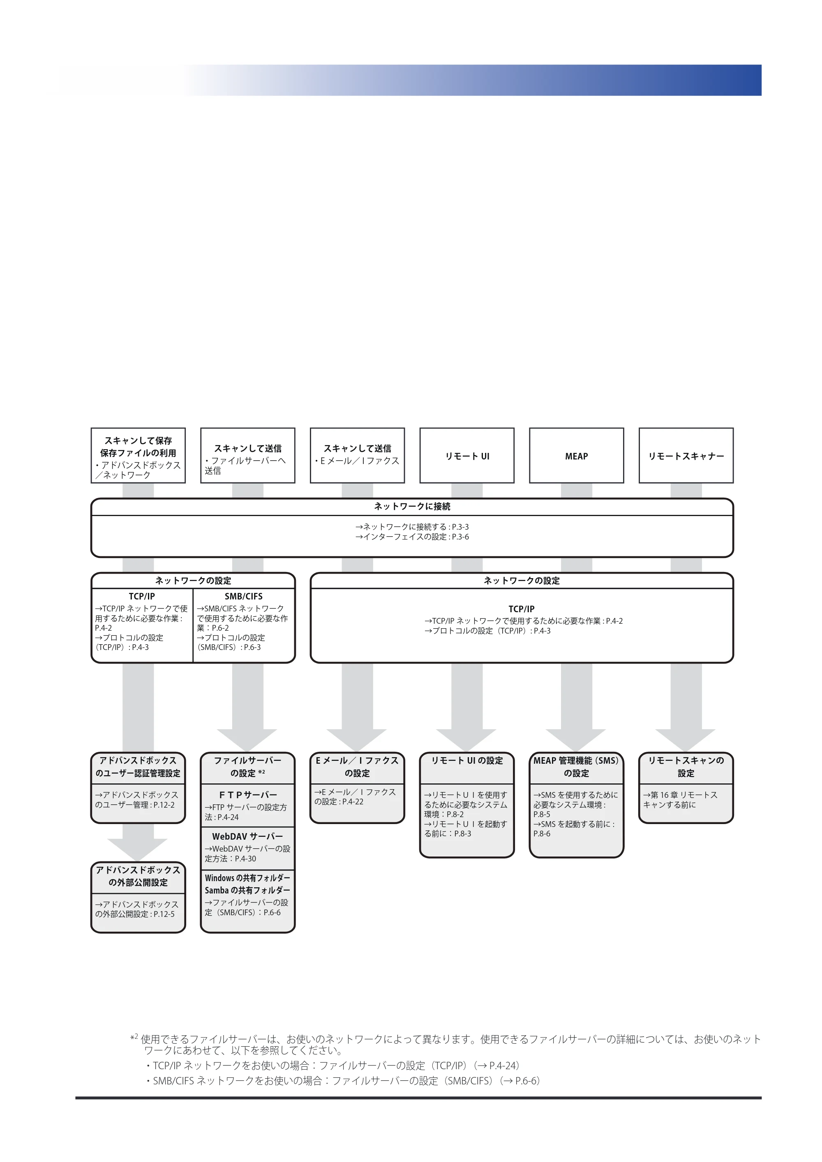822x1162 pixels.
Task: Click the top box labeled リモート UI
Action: tap(466, 455)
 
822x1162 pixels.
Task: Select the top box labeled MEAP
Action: tap(576, 455)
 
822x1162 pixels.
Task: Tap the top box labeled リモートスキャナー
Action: tap(686, 455)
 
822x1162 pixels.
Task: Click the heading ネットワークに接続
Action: tap(412, 507)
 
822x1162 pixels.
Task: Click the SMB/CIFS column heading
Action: tap(244, 596)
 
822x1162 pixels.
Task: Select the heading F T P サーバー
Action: tap(248, 795)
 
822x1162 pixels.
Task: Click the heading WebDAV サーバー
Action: tap(248, 836)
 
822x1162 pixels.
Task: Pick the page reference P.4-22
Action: tap(353, 801)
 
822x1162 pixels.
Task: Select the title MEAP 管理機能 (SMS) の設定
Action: tap(576, 767)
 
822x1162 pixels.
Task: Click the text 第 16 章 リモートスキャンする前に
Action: tap(680, 799)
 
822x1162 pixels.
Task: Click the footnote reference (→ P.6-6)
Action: tap(521, 1081)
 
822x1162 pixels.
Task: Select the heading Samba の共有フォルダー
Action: tap(248, 890)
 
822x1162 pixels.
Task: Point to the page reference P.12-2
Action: tap(164, 805)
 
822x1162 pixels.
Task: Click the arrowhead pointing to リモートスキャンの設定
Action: tap(686, 740)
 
